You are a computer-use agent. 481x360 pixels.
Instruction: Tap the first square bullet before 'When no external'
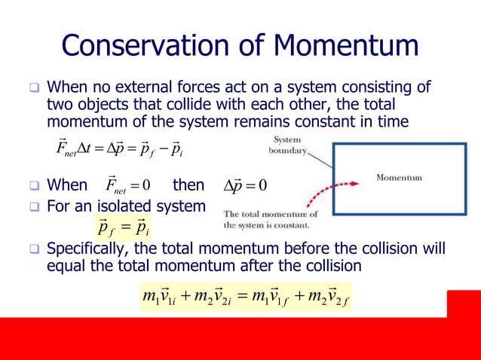[x=34, y=87]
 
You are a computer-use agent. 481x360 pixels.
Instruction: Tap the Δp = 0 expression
[x=246, y=185]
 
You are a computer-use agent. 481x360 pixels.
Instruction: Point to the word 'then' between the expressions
[x=188, y=185]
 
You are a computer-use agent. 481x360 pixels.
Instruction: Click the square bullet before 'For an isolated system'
[x=34, y=204]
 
